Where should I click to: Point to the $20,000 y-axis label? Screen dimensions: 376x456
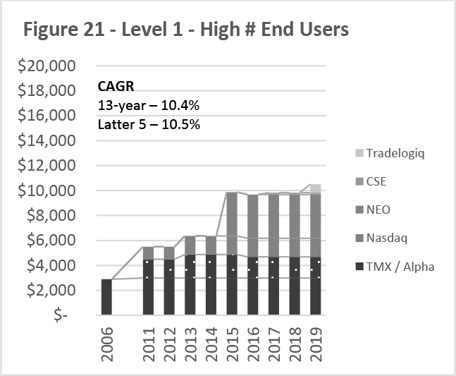click(48, 66)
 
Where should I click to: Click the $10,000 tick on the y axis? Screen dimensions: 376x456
click(48, 190)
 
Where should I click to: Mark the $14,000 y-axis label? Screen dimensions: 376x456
click(48, 141)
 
